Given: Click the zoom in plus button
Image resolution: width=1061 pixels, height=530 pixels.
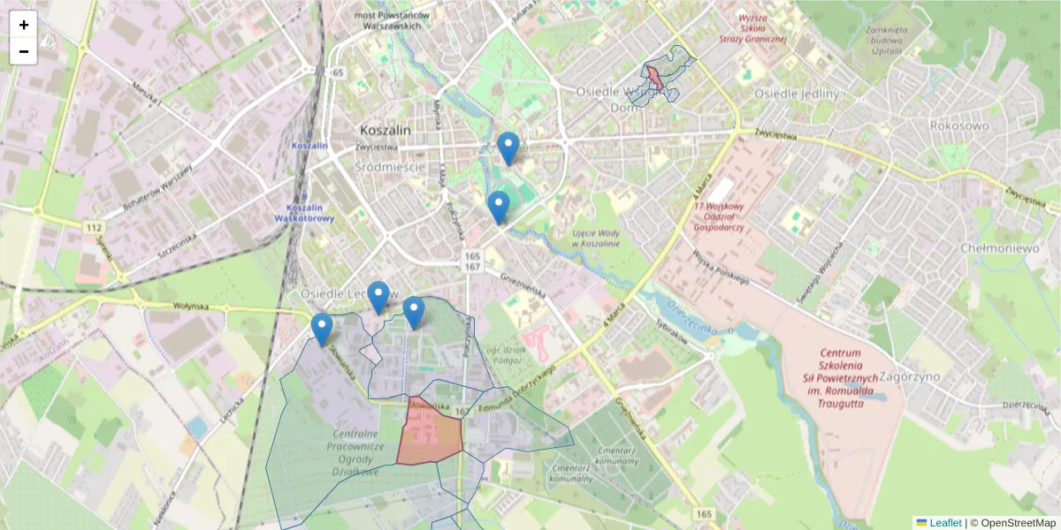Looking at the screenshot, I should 24,25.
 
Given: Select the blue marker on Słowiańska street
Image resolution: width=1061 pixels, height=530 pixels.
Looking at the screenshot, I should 322,329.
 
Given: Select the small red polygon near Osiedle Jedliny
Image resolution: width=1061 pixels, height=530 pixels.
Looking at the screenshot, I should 654,77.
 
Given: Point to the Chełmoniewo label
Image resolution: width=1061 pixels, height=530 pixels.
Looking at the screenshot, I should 1000,248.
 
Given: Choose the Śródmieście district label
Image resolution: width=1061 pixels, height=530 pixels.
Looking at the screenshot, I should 390,166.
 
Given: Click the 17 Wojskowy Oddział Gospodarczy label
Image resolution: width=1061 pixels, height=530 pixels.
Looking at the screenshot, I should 719,216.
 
